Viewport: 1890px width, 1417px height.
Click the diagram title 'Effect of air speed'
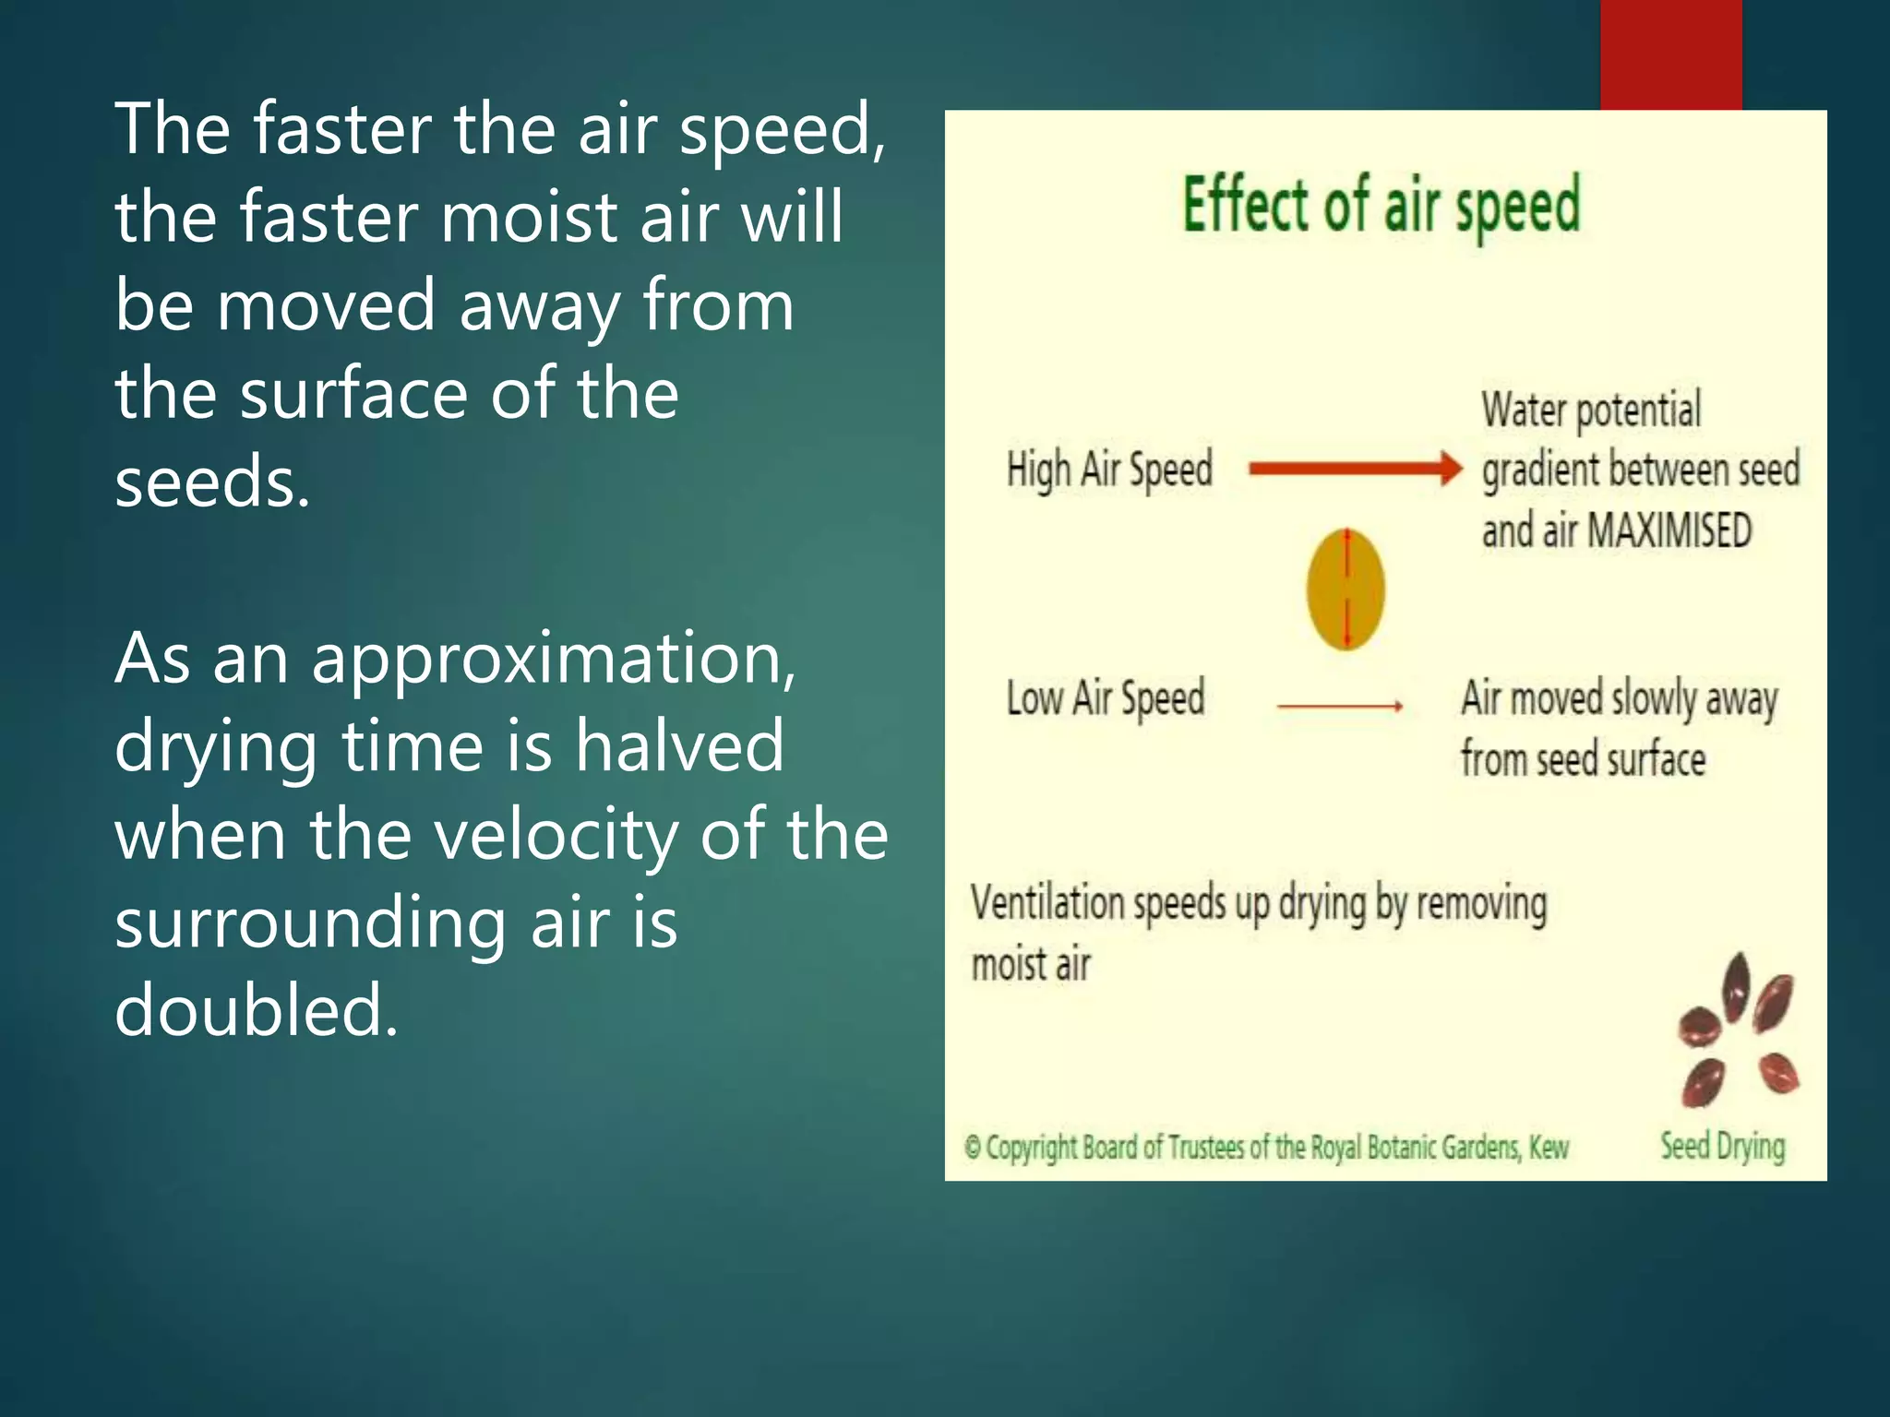tap(1382, 205)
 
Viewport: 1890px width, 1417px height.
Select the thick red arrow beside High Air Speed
tap(1355, 468)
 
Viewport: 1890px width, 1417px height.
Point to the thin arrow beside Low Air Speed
tap(1340, 706)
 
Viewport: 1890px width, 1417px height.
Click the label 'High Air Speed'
tap(1108, 470)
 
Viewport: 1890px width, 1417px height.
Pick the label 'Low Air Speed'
tap(1105, 698)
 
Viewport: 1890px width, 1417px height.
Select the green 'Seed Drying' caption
tap(1722, 1146)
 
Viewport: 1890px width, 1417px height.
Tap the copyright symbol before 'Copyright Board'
tap(972, 1148)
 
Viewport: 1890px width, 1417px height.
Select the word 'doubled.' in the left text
tap(257, 1009)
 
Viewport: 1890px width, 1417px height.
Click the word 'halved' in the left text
tap(679, 745)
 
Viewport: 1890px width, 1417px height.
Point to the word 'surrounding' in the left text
tap(310, 923)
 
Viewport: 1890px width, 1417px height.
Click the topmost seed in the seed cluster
tap(1737, 985)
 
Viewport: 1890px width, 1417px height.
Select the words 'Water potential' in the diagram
tap(1591, 410)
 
